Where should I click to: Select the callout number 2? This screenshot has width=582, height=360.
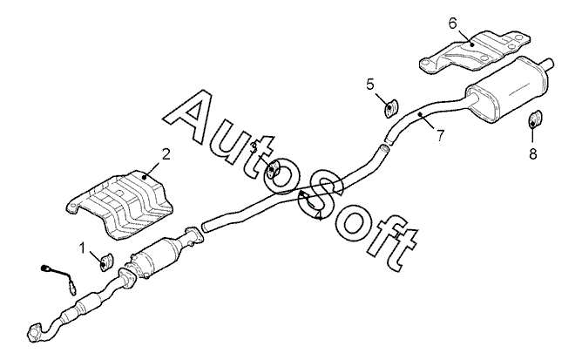(x=166, y=154)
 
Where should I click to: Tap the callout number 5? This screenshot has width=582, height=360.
(x=370, y=84)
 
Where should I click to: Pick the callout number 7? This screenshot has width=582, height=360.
(x=440, y=135)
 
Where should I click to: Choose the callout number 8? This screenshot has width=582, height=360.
(x=534, y=153)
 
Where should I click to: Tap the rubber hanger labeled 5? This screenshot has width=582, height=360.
(x=389, y=108)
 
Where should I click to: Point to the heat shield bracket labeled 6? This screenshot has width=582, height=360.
(x=475, y=51)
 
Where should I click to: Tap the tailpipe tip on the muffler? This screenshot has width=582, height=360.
(x=550, y=63)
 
